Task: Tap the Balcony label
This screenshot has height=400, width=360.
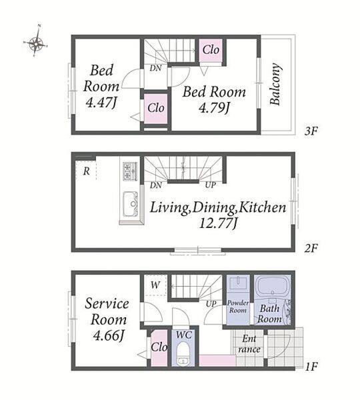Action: [x=275, y=84]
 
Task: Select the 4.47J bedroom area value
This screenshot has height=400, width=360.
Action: [x=101, y=103]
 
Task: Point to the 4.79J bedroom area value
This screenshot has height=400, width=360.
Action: [x=214, y=107]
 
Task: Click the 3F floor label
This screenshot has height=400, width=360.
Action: [x=311, y=131]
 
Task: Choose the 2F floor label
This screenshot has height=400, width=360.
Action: [x=311, y=248]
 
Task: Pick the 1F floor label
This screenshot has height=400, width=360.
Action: [x=311, y=367]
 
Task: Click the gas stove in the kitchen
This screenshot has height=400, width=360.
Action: [x=130, y=171]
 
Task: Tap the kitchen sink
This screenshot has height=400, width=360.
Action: [x=131, y=204]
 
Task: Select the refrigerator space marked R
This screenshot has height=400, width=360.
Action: [x=86, y=171]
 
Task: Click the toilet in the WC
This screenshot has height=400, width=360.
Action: [x=183, y=353]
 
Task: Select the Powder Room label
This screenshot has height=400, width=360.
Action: [x=238, y=307]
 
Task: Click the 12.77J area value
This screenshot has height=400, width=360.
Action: [x=218, y=224]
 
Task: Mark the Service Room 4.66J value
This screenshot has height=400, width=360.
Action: [x=109, y=336]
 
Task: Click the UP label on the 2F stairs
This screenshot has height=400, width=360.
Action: [x=211, y=185]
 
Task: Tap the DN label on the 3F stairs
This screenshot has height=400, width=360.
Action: [x=155, y=68]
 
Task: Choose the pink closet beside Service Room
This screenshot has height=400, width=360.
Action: [x=159, y=348]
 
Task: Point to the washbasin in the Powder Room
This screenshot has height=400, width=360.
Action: [x=238, y=283]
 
